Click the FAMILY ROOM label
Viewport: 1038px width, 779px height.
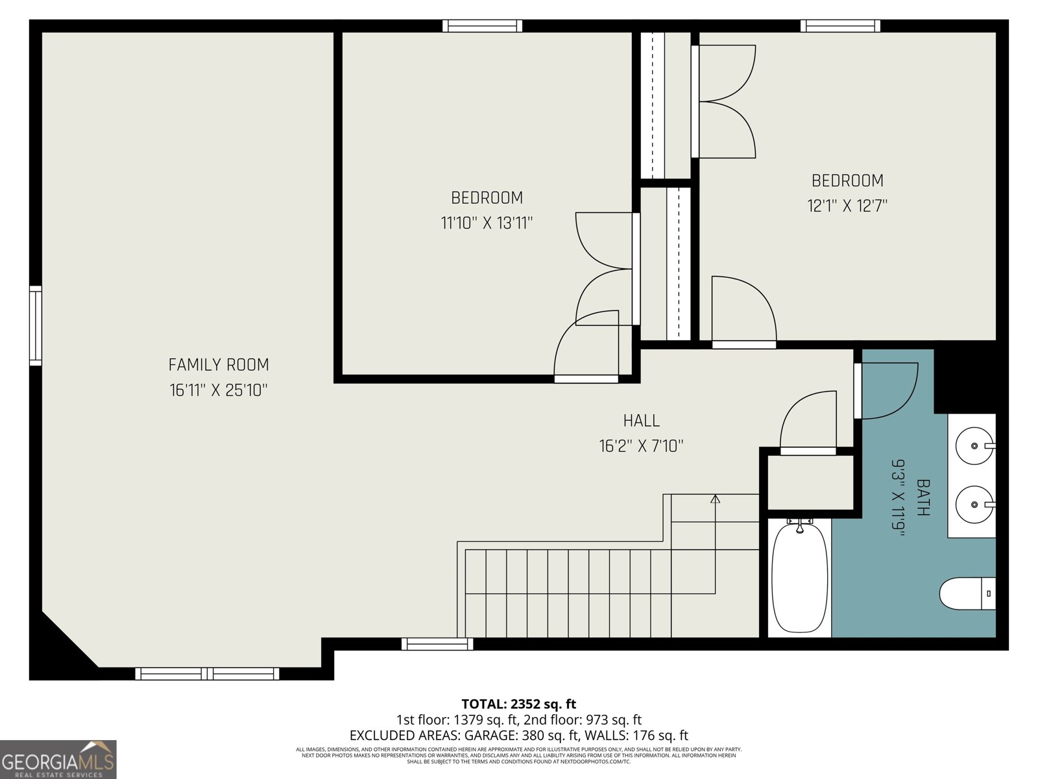pos(219,365)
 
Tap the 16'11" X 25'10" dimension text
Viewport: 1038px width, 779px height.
pos(219,390)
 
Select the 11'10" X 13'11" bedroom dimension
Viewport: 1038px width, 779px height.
pos(487,223)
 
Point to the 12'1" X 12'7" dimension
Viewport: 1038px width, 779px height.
pos(847,206)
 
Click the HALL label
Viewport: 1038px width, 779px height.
pos(641,421)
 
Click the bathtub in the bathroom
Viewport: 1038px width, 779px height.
pos(799,578)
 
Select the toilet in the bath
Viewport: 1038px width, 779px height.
pos(967,593)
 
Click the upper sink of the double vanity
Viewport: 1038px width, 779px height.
pos(974,446)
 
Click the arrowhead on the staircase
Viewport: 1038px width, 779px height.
pos(715,499)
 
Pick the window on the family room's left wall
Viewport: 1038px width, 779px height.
pos(36,325)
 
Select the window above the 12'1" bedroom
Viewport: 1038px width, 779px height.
pos(840,26)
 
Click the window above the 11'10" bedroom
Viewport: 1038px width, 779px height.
pos(482,26)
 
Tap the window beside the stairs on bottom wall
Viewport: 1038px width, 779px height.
pos(437,644)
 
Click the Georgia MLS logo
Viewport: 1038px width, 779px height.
pos(58,760)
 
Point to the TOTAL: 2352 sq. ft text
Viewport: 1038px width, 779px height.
pos(518,704)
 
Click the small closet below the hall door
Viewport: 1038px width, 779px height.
pos(810,482)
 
